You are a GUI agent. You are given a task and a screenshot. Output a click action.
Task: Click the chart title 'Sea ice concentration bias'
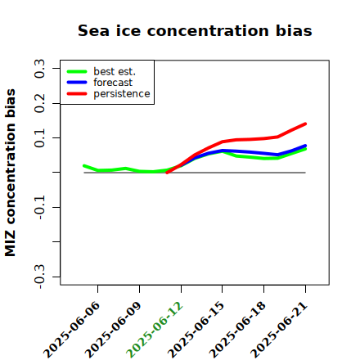tap(195, 30)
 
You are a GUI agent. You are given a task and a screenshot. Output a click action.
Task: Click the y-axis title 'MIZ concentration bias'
tap(11, 173)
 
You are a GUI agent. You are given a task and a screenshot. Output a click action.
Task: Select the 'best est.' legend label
tap(115, 71)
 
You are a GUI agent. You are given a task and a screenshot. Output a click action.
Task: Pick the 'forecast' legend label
tap(113, 83)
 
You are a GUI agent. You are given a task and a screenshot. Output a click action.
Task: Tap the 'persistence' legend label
tap(122, 94)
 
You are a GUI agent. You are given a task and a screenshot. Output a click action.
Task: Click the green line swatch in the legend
tap(77, 72)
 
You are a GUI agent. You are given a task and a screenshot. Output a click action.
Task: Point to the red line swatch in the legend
tap(77, 94)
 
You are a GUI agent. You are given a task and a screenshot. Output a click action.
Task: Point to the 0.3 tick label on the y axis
tap(39, 69)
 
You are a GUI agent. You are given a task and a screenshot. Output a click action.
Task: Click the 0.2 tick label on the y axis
tap(39, 103)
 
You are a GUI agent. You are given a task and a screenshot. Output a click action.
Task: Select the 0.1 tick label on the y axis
tap(39, 138)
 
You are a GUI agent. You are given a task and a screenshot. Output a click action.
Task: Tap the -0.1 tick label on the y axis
tap(39, 207)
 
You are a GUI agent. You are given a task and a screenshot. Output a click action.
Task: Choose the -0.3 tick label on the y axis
tap(39, 277)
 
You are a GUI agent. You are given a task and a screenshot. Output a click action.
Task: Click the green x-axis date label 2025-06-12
tap(155, 330)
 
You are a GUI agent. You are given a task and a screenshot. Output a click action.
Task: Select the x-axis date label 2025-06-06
tap(71, 330)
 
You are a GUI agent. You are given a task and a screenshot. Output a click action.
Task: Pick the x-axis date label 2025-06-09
tap(113, 330)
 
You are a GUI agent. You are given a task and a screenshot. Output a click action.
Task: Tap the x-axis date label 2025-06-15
tap(196, 330)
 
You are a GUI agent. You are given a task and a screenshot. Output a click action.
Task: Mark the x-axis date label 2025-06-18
tap(237, 330)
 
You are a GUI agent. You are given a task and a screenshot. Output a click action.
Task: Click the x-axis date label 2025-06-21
tap(279, 330)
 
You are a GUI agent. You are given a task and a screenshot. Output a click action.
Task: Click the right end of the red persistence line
tap(305, 124)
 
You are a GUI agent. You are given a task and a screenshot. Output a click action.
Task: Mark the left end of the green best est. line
tap(84, 165)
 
